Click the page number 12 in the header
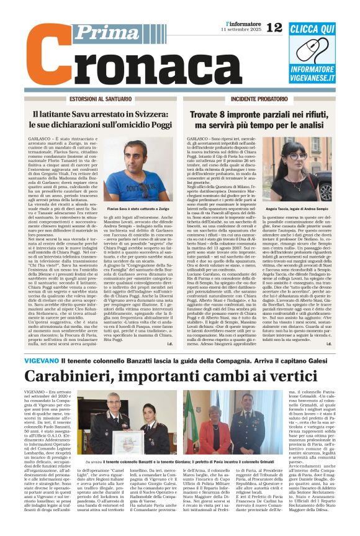tap(274, 26)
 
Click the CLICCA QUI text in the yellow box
tap(321, 29)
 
